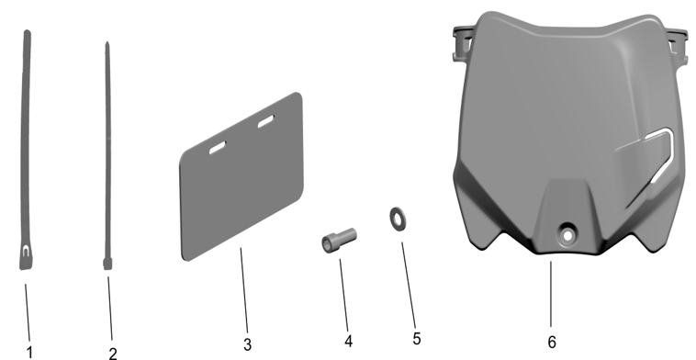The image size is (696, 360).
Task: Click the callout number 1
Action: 29,351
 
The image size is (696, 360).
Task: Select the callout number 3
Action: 248,344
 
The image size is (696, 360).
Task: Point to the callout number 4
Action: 348,341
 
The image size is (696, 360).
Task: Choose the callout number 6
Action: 552,341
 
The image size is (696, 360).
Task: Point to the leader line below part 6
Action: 551,294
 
